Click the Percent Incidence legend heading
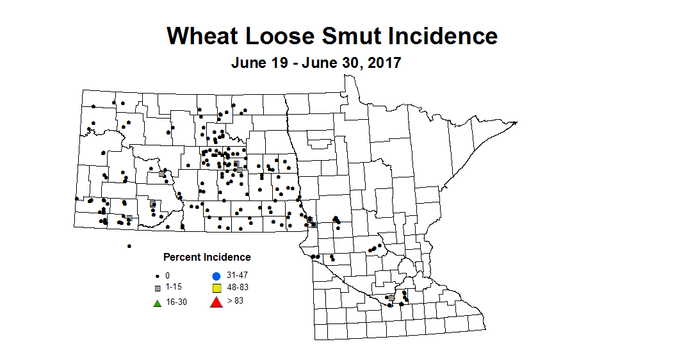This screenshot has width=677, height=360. tap(207, 257)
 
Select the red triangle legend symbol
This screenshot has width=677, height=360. tap(216, 302)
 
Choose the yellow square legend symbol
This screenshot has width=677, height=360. tap(216, 288)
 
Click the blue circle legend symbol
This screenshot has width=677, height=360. tap(216, 275)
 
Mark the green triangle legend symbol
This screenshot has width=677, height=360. tap(157, 302)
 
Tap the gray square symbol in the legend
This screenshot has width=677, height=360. tap(157, 288)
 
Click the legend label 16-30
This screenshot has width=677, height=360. tap(176, 302)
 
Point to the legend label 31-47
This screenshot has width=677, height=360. tap(236, 275)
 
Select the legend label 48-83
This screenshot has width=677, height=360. tap(236, 288)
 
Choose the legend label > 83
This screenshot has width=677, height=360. tap(234, 300)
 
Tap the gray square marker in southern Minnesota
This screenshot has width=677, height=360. tap(391, 298)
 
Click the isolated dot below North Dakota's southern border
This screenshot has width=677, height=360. tap(129, 245)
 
